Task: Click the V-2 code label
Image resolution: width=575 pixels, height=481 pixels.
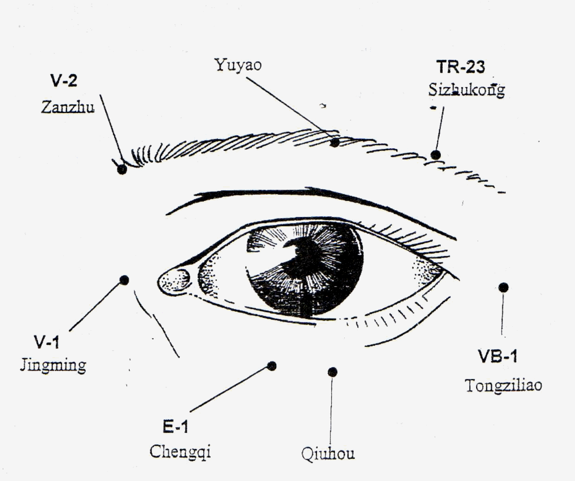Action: pos(64,81)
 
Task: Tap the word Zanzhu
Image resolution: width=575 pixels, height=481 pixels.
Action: pos(68,107)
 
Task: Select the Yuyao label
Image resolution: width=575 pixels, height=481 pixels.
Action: pos(238,65)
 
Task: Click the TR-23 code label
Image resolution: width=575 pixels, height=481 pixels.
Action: pos(461,67)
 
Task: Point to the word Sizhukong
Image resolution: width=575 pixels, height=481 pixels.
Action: pos(467,90)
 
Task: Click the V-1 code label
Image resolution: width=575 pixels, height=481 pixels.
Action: pos(46,342)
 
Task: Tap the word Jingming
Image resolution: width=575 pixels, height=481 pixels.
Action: pos(53,366)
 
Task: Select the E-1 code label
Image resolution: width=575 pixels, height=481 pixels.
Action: pos(175,427)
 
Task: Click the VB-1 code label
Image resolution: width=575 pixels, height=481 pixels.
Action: pos(497,356)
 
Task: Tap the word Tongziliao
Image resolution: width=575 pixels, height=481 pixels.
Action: pos(504,385)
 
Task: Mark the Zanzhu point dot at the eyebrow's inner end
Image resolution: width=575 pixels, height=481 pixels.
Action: pos(122,169)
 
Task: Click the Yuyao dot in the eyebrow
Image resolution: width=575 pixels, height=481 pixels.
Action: pos(335,142)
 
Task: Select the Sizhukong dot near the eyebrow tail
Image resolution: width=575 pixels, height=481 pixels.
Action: pos(435,155)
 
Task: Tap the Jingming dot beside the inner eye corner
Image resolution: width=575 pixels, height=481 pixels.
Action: pos(124,280)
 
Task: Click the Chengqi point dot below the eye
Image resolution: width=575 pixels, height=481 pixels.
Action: pos(272,366)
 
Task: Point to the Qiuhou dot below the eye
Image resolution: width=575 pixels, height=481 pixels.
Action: pos(333,372)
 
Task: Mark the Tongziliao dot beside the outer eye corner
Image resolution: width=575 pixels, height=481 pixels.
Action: pos(504,288)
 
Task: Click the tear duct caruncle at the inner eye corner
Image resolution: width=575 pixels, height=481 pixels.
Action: pos(174,281)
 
